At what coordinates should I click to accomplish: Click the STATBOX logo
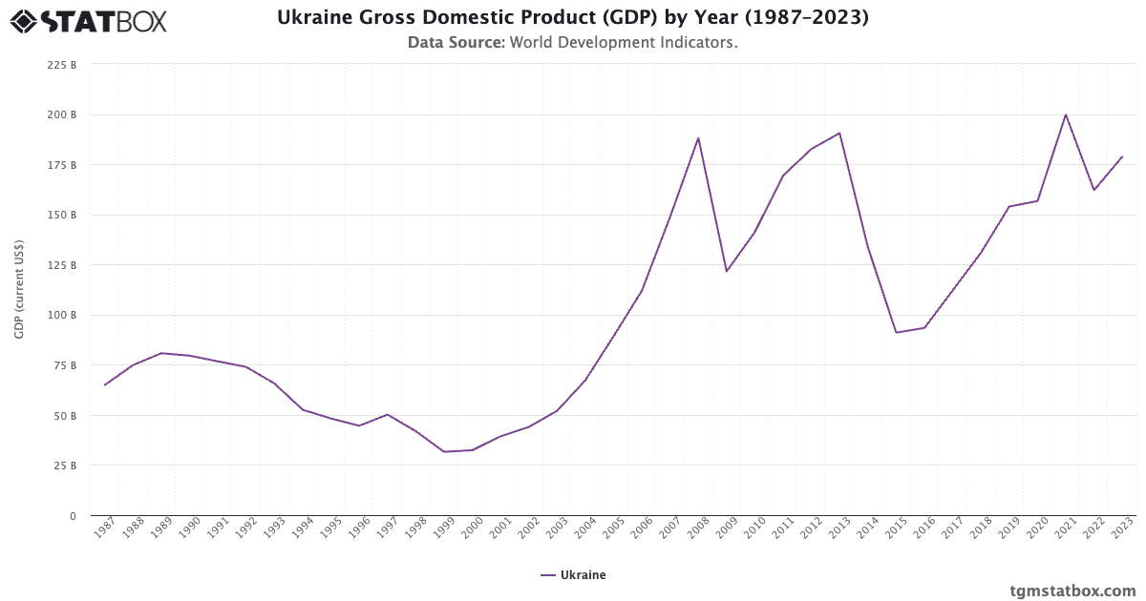click(89, 20)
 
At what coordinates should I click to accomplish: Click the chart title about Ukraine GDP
click(572, 17)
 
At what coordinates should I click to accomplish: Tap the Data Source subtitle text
click(572, 43)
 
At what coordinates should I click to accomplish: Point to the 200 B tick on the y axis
click(62, 114)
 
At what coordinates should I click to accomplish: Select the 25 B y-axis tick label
click(65, 466)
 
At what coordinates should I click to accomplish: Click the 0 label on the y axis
click(72, 516)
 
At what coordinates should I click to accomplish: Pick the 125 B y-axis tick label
click(62, 265)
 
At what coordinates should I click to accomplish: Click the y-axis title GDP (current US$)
click(19, 289)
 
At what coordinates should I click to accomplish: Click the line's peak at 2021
click(1066, 114)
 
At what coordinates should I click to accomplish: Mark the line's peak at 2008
click(698, 138)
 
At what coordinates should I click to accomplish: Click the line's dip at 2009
click(727, 271)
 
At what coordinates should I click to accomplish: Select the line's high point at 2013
click(839, 133)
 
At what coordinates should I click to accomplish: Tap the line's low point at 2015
click(896, 332)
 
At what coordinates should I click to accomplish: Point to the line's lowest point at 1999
click(444, 451)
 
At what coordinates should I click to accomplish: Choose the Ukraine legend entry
click(573, 575)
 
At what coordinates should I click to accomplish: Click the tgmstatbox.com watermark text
click(1072, 591)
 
